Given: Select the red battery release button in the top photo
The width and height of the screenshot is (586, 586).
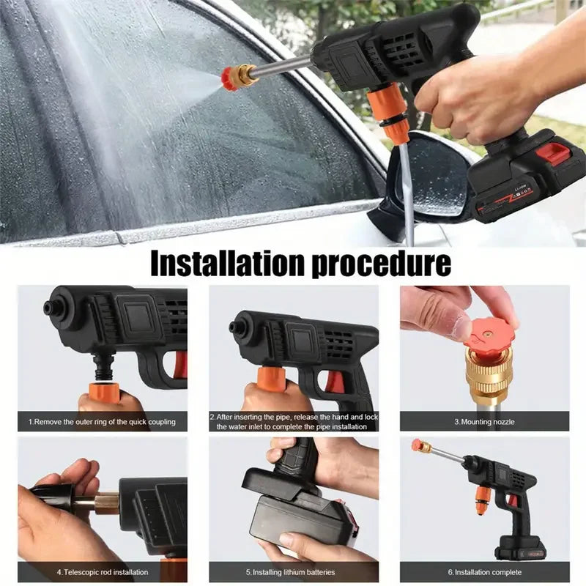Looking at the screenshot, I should point(553,153).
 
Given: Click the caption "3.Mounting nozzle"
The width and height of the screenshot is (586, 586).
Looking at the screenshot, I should point(484,422).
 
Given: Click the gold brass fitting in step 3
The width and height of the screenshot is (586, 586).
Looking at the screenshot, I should point(489,373).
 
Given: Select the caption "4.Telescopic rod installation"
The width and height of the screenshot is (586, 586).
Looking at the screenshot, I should point(103,572).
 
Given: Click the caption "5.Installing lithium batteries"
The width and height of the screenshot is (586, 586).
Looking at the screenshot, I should point(294,572).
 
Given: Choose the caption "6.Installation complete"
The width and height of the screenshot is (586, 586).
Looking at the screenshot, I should point(484,572).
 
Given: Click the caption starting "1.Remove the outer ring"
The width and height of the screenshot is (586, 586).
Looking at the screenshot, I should point(102,422).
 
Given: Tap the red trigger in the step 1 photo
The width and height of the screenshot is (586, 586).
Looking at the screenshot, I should point(180,364).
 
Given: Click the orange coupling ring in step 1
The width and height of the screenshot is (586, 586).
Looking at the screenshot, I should point(105,393).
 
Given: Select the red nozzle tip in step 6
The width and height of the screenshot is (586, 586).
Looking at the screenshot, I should point(417,445).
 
